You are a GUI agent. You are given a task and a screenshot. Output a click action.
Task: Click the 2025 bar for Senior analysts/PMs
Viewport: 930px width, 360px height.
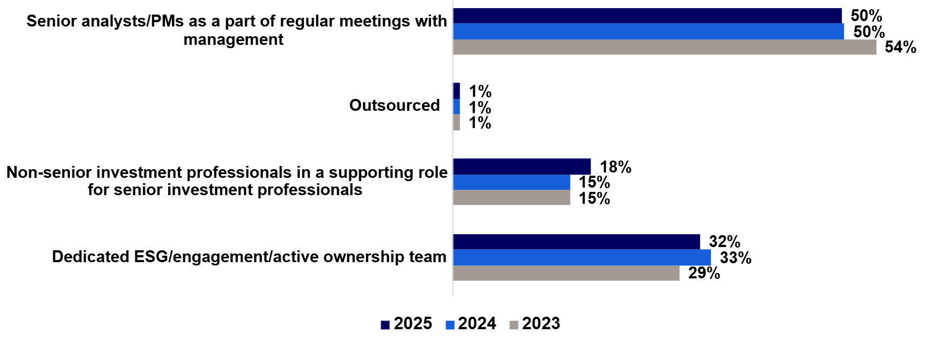tap(647, 16)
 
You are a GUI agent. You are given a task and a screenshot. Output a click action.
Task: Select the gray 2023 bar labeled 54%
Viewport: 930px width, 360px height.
tap(664, 47)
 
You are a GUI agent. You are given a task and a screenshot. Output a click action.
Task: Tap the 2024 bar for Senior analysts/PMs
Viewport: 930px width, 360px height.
tap(648, 31)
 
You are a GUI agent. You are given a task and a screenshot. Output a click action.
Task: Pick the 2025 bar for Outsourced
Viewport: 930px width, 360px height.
tap(456, 91)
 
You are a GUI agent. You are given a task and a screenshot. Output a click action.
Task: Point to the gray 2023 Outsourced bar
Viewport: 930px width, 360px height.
tap(456, 123)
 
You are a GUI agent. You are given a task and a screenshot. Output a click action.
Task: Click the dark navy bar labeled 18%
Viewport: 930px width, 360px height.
tap(521, 166)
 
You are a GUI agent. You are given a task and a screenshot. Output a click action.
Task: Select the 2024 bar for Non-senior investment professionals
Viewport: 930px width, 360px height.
tap(511, 182)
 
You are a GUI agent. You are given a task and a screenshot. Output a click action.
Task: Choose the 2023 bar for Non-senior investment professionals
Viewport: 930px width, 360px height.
tap(511, 198)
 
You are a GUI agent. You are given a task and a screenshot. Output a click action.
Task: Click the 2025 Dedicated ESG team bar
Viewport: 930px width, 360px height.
tap(576, 242)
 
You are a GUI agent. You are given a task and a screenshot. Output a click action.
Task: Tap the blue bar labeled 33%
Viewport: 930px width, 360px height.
tap(581, 257)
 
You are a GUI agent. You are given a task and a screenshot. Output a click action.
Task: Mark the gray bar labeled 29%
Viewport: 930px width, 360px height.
tap(566, 273)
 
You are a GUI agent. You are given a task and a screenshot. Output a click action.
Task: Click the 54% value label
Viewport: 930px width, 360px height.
tap(900, 48)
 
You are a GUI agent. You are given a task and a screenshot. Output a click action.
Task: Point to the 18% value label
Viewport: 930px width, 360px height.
tap(615, 167)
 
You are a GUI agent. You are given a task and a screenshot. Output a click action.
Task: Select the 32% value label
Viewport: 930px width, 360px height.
tap(725, 242)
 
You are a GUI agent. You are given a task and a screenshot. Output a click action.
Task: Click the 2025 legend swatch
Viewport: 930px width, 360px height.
tap(385, 325)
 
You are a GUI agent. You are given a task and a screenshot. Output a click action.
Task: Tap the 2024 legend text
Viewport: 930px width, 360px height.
tap(477, 323)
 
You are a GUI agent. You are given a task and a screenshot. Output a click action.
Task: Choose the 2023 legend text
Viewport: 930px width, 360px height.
tap(541, 323)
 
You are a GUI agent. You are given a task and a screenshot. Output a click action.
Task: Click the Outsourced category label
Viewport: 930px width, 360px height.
tap(394, 105)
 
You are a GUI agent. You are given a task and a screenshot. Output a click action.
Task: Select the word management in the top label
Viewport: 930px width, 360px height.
tap(233, 39)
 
